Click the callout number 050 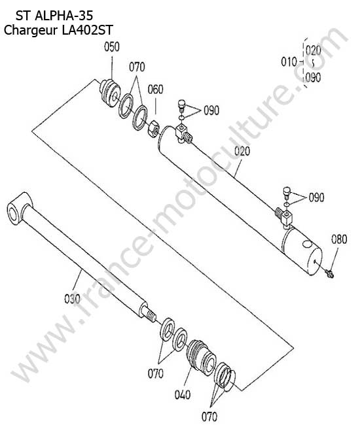pos(112,47)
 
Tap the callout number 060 pos(155,90)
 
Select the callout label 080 pos(339,239)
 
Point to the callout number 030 pos(72,299)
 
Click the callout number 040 pos(183,395)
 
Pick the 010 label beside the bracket pos(289,62)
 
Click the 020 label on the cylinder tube pos(242,151)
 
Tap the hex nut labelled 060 pos(154,129)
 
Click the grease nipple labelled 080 pos(330,273)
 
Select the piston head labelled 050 pos(110,92)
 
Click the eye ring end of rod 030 pos(18,209)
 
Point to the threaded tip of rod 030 pos(151,316)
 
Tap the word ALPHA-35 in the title pos(64,16)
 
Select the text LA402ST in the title pos(87,30)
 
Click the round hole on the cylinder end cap pos(306,245)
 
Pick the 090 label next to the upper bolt pos(211,110)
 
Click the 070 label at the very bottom pos(209,416)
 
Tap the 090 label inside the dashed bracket pos(313,78)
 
